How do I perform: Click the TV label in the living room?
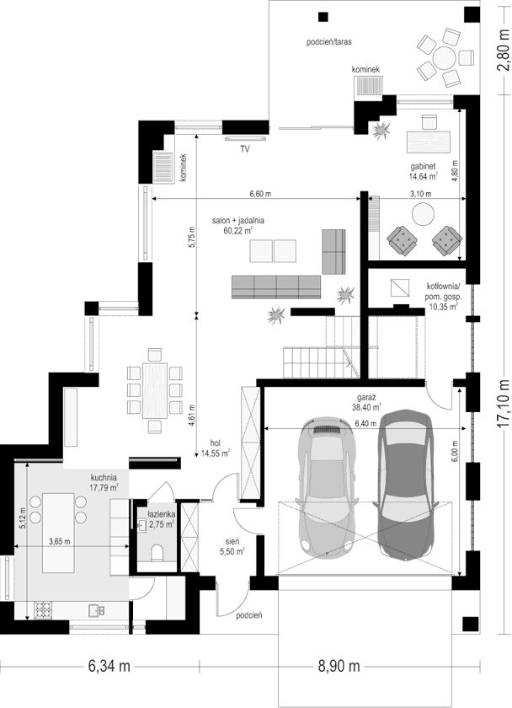(x=245, y=149)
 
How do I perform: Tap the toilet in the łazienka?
(x=156, y=552)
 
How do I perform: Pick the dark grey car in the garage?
(x=406, y=483)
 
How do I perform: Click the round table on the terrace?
(x=445, y=57)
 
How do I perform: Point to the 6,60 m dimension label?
(x=261, y=194)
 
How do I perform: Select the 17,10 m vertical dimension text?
(x=504, y=403)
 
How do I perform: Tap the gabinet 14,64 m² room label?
(x=423, y=171)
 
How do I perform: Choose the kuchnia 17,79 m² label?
(x=104, y=482)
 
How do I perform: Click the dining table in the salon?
(x=155, y=390)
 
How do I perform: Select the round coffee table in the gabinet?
(x=424, y=213)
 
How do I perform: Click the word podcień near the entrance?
(x=249, y=615)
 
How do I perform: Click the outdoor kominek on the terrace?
(x=369, y=85)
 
